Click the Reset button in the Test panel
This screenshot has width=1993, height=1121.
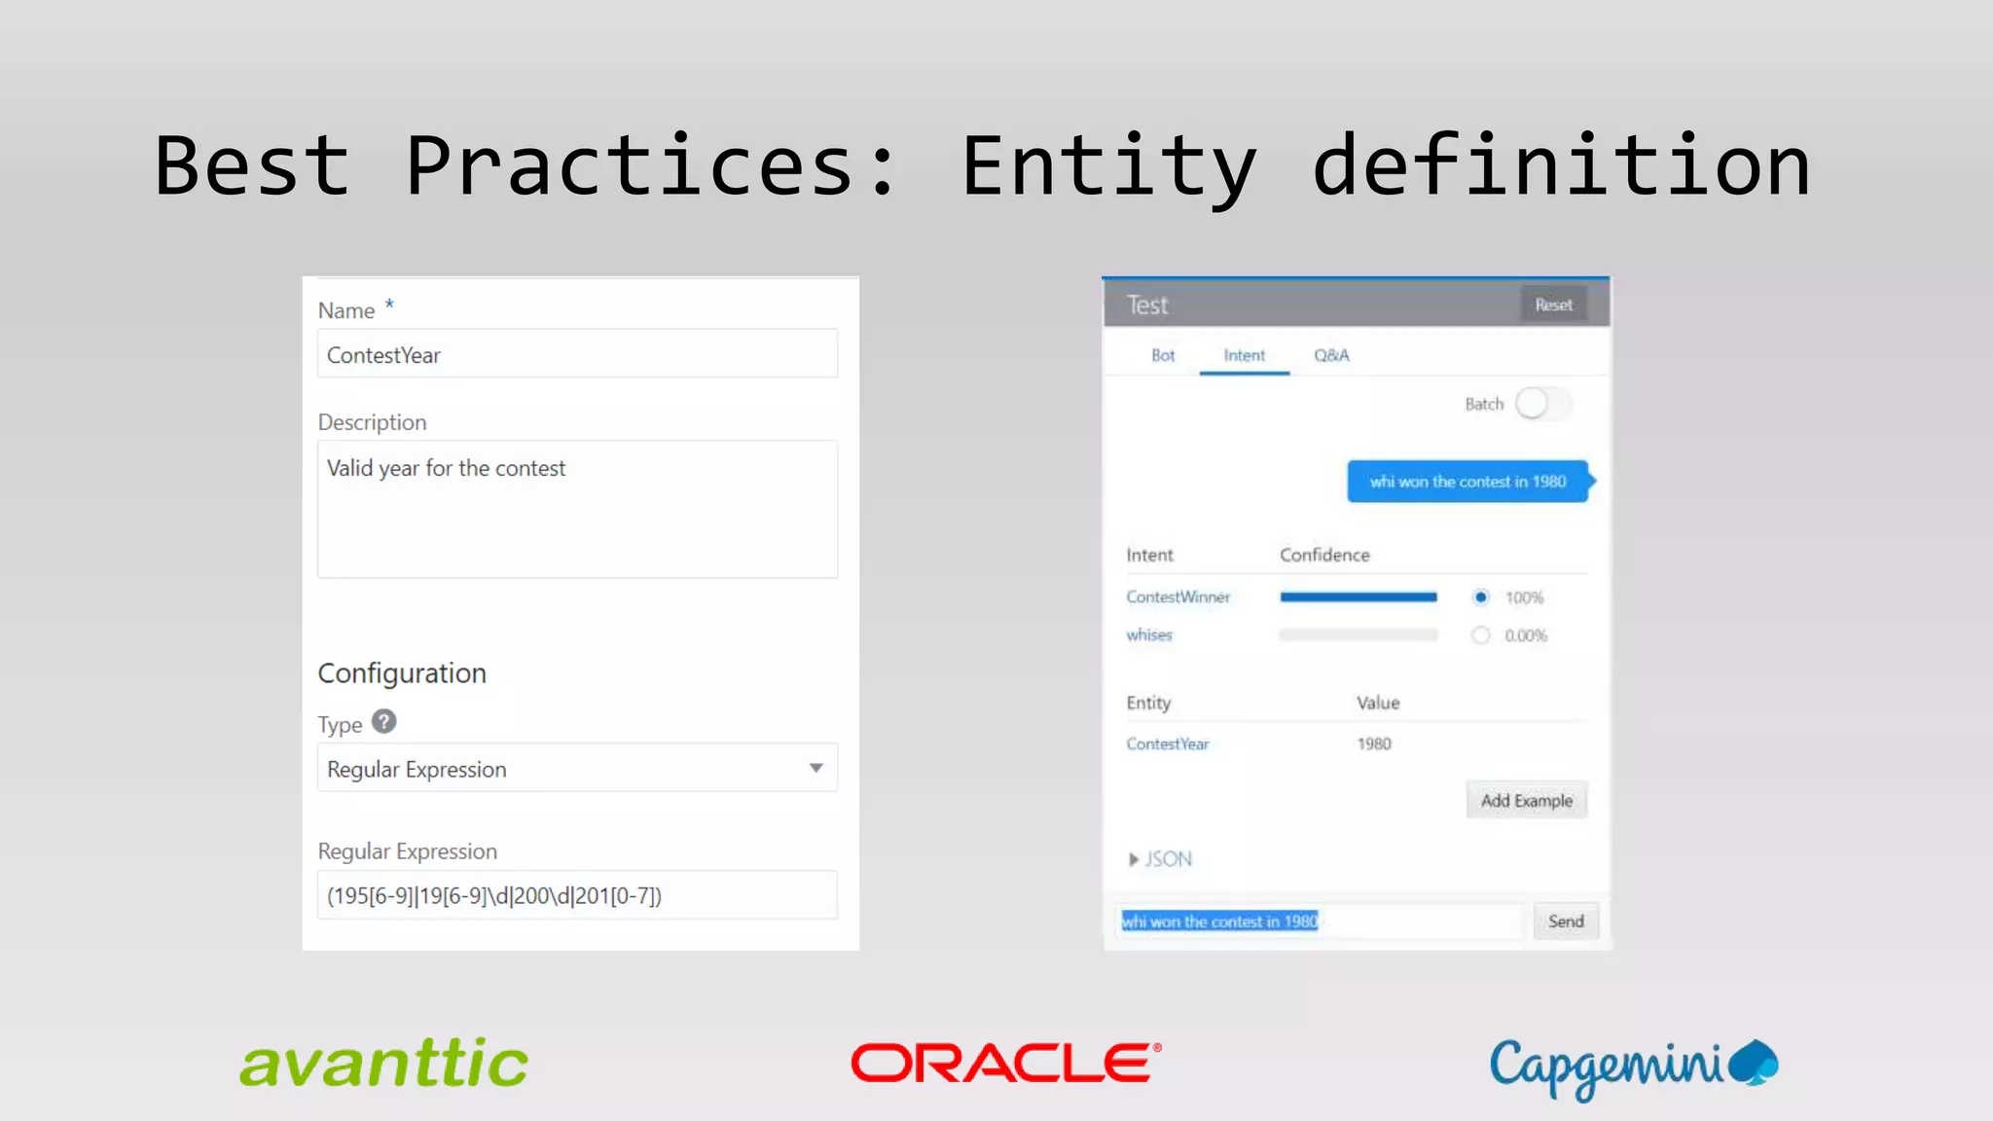coord(1553,305)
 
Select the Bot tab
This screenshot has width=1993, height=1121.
coord(1163,355)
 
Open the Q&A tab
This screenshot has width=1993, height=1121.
coord(1331,355)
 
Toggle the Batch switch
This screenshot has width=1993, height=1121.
coord(1542,404)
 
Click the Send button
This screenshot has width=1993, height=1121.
coord(1566,921)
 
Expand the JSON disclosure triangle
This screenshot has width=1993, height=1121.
coord(1134,859)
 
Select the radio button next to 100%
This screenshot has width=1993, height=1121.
coord(1480,597)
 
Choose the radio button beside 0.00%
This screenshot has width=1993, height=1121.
coord(1480,635)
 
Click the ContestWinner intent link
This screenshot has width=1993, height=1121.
coord(1178,597)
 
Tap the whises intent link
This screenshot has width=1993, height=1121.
coord(1149,635)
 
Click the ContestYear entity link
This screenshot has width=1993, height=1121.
coord(1168,743)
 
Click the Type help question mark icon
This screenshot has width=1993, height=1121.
coord(384,721)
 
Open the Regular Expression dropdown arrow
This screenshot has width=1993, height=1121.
coord(816,768)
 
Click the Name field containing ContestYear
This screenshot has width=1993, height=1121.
coord(577,354)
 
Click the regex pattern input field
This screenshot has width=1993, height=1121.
coord(577,895)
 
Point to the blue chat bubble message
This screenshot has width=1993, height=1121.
coord(1468,482)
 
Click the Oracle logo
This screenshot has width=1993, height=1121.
coord(1005,1063)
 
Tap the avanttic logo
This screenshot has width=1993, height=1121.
coord(383,1063)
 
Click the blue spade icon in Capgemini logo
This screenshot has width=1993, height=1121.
coord(1755,1062)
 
